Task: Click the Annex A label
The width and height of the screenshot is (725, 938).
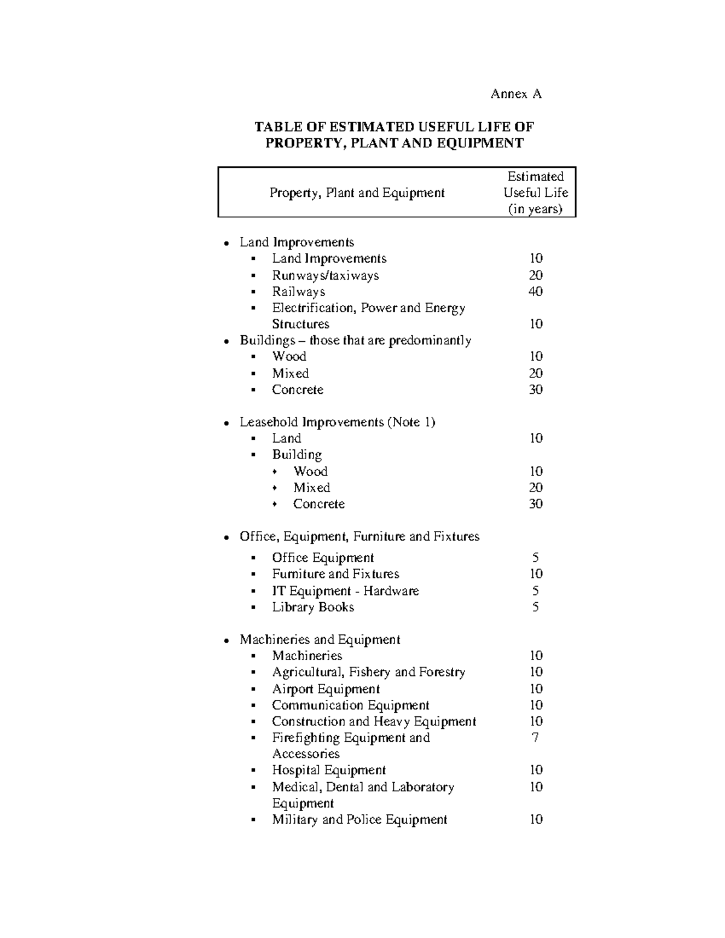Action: tap(516, 94)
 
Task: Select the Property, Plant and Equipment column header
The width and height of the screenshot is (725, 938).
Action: tap(356, 193)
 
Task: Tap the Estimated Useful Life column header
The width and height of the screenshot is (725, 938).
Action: tap(535, 193)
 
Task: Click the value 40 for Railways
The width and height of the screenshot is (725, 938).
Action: tap(535, 292)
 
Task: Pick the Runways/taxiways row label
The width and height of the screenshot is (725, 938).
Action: tap(325, 275)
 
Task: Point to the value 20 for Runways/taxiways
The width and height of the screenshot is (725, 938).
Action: tap(535, 275)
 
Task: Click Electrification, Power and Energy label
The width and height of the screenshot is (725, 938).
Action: tap(368, 308)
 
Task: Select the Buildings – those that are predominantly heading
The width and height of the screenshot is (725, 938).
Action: tap(355, 341)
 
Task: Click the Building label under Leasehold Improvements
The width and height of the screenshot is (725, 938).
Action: tap(297, 455)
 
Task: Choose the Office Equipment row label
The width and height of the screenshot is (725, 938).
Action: tap(323, 558)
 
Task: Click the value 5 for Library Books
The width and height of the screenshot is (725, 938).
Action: tap(535, 608)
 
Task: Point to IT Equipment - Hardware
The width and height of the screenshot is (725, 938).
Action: tap(345, 591)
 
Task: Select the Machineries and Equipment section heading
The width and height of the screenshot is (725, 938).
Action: tap(320, 640)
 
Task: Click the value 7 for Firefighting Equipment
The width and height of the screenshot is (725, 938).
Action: tap(535, 737)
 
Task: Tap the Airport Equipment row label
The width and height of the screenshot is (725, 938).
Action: tap(326, 689)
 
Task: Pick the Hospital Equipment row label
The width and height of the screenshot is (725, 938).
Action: tap(329, 770)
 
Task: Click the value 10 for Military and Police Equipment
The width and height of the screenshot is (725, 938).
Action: tap(536, 820)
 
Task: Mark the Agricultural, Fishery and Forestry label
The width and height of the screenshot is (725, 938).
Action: tap(368, 672)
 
